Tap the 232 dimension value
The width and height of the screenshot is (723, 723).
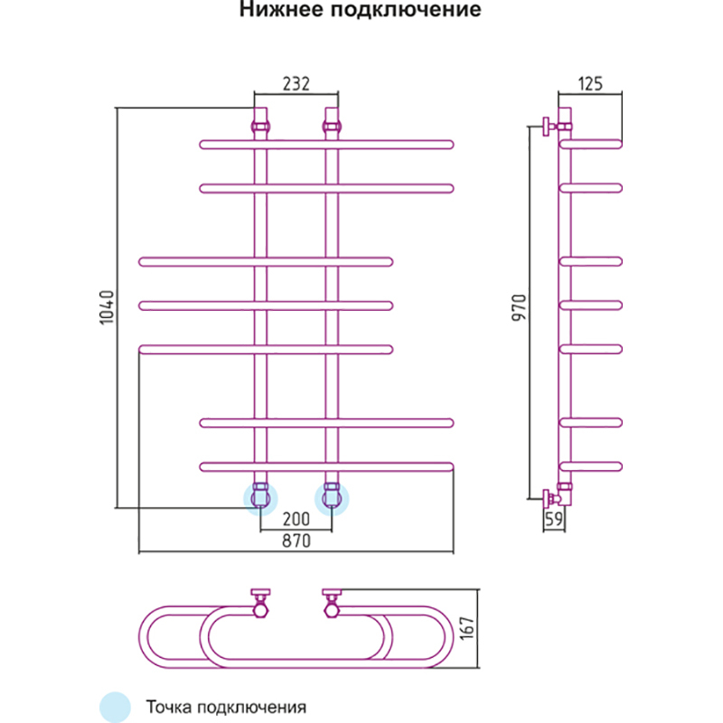point(296,84)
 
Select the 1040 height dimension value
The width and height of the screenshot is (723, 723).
point(106,307)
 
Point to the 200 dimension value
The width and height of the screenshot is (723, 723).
point(296,519)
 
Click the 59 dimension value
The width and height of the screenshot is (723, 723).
point(555,519)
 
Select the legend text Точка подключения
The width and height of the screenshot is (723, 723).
point(227,706)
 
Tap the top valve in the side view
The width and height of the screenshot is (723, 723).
point(549,125)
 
